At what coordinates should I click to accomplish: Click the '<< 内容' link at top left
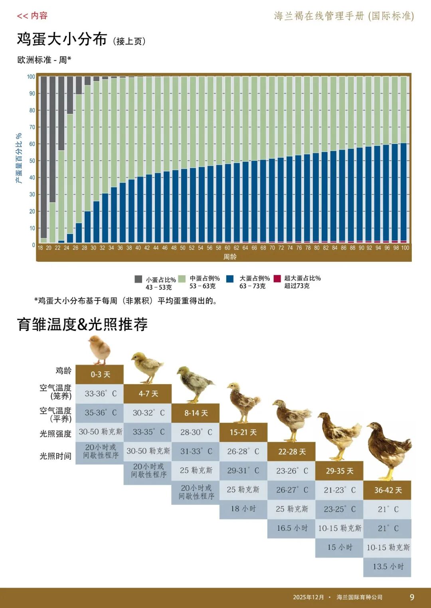[32, 16]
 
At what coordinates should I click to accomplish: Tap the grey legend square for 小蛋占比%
[138, 279]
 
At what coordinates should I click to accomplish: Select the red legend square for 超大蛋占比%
[277, 279]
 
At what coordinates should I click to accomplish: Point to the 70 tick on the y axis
[32, 127]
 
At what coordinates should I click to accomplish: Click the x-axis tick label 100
[405, 248]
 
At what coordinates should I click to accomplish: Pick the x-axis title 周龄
[230, 257]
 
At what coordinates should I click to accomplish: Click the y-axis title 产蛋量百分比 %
[19, 158]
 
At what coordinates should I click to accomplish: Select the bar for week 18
[43, 159]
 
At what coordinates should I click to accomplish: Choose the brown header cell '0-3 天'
[100, 375]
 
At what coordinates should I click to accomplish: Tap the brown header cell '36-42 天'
[387, 490]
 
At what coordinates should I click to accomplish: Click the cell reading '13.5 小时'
[388, 567]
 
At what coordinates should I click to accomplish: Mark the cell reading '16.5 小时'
[292, 528]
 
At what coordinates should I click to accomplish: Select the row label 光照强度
[55, 433]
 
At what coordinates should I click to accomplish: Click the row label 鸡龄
[63, 371]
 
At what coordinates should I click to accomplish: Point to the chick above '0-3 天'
[100, 349]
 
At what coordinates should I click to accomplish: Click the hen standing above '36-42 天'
[388, 450]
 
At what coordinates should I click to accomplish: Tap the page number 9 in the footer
[412, 597]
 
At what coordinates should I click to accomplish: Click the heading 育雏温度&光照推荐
[82, 324]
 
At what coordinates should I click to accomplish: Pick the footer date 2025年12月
[308, 597]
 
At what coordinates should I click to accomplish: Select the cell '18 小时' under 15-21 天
[243, 509]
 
